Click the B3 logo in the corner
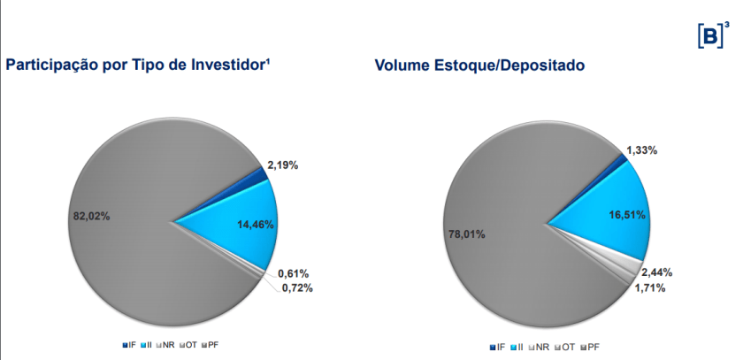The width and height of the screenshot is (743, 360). coord(713,35)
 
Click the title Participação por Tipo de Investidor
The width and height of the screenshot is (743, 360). coord(138,65)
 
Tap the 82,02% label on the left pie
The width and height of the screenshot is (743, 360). coord(89,215)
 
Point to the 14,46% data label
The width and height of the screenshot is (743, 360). coord(256,225)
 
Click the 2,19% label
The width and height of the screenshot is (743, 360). coord(283,165)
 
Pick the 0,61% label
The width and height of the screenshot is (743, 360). coord(293,273)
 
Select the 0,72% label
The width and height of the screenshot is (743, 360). coord(297,287)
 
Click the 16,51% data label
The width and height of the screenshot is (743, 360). coord(628,214)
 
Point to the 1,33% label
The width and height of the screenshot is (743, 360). coord(642,150)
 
